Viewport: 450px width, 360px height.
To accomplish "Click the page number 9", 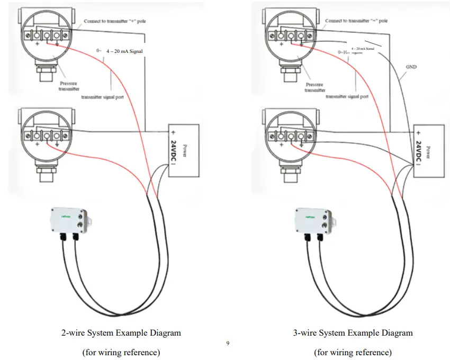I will point(228,344).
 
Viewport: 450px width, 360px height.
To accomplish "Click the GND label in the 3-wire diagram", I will point(411,68).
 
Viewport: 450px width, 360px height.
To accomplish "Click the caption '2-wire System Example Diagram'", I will point(121,333).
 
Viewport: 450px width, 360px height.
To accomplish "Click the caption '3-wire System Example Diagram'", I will point(353,333).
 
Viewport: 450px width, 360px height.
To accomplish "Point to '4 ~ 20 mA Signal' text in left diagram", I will point(124,51).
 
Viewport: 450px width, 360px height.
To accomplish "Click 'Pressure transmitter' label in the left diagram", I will point(68,86).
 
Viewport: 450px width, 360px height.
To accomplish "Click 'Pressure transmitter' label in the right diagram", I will point(314,87).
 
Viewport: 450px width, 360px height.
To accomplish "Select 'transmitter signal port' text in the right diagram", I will point(347,97).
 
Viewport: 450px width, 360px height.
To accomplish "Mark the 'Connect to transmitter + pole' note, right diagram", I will point(356,21).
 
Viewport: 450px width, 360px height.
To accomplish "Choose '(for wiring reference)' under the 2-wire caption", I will point(121,352).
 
